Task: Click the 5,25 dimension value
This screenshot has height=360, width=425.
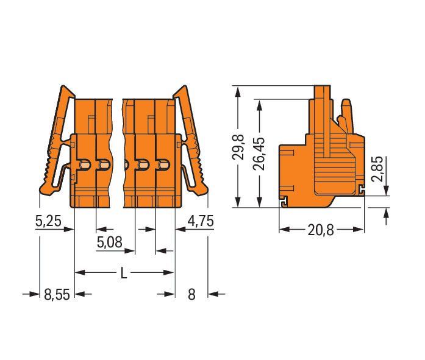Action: click(48, 221)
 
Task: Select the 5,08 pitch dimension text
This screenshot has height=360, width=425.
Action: click(110, 242)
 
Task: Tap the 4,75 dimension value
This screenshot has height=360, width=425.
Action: click(201, 221)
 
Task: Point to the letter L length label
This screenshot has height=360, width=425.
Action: click(124, 273)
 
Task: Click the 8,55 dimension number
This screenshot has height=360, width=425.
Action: click(57, 294)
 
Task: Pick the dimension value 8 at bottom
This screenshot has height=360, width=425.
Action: click(191, 294)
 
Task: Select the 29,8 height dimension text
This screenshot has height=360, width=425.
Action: click(238, 146)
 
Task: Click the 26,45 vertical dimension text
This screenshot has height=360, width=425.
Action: click(259, 154)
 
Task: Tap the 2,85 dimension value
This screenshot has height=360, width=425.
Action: click(377, 169)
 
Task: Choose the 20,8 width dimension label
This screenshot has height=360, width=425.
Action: click(321, 230)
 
